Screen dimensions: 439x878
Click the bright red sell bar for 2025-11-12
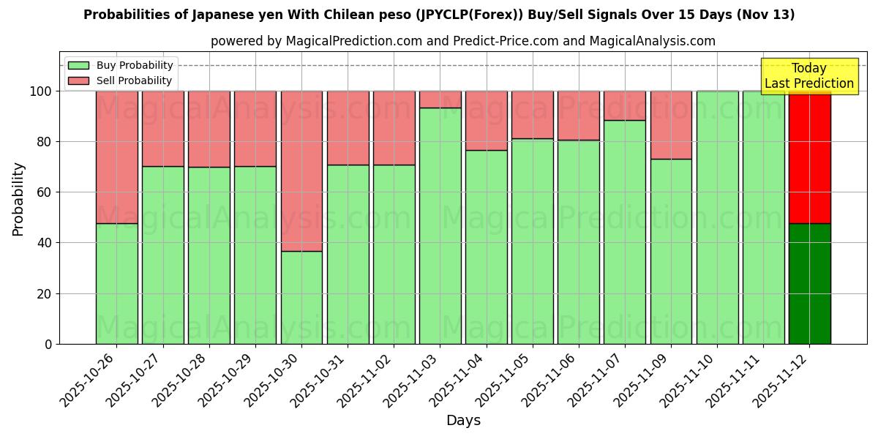tap(809, 157)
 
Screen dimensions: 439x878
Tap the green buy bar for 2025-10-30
tap(301, 297)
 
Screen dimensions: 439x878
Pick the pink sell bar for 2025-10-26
tap(116, 157)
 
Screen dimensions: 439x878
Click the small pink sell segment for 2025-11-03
tap(440, 100)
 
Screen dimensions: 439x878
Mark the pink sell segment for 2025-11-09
tap(671, 125)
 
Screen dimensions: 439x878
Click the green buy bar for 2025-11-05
tap(532, 241)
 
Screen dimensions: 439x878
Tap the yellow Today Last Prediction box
tap(808, 76)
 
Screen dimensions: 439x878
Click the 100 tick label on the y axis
tap(40, 91)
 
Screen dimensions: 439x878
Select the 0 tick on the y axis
tap(48, 344)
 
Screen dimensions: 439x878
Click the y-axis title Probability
tap(18, 199)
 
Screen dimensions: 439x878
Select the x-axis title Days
tap(463, 421)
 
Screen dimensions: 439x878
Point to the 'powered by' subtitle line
tap(462, 41)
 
